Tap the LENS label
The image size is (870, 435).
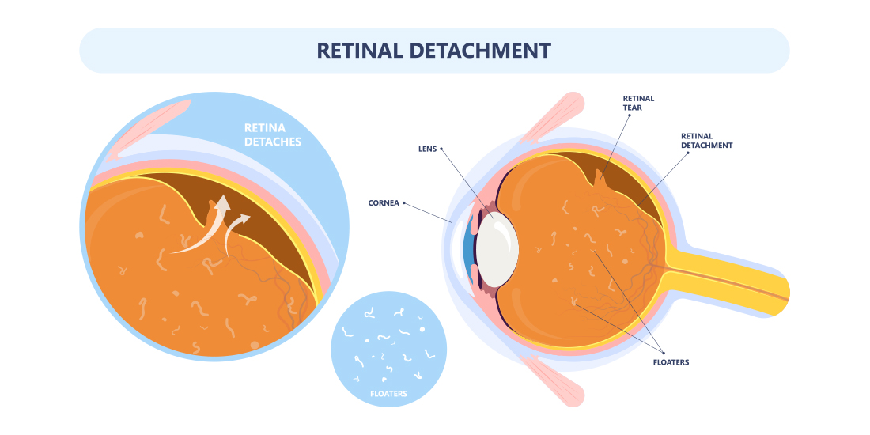click(427, 148)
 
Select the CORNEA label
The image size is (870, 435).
click(384, 202)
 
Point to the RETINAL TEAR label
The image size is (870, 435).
click(638, 104)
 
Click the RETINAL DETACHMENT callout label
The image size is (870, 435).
click(706, 141)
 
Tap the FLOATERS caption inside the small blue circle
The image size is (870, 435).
click(388, 392)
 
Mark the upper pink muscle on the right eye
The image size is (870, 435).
click(554, 111)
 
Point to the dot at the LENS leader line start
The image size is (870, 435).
click(442, 148)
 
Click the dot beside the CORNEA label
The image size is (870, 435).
click(405, 202)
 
